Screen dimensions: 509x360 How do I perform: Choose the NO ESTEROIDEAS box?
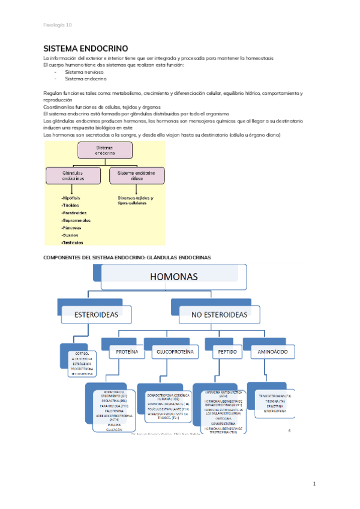(x=220, y=314)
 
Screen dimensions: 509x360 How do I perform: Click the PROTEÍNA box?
(x=126, y=351)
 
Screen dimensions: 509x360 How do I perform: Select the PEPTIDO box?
(x=227, y=351)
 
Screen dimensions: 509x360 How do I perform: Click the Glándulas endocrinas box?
(x=73, y=175)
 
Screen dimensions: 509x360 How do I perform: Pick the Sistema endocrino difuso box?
(x=136, y=175)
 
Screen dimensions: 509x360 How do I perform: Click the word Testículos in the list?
(x=72, y=242)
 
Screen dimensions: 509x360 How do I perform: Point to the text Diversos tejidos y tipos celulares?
(x=136, y=201)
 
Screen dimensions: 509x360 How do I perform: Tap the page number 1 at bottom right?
(x=314, y=483)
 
